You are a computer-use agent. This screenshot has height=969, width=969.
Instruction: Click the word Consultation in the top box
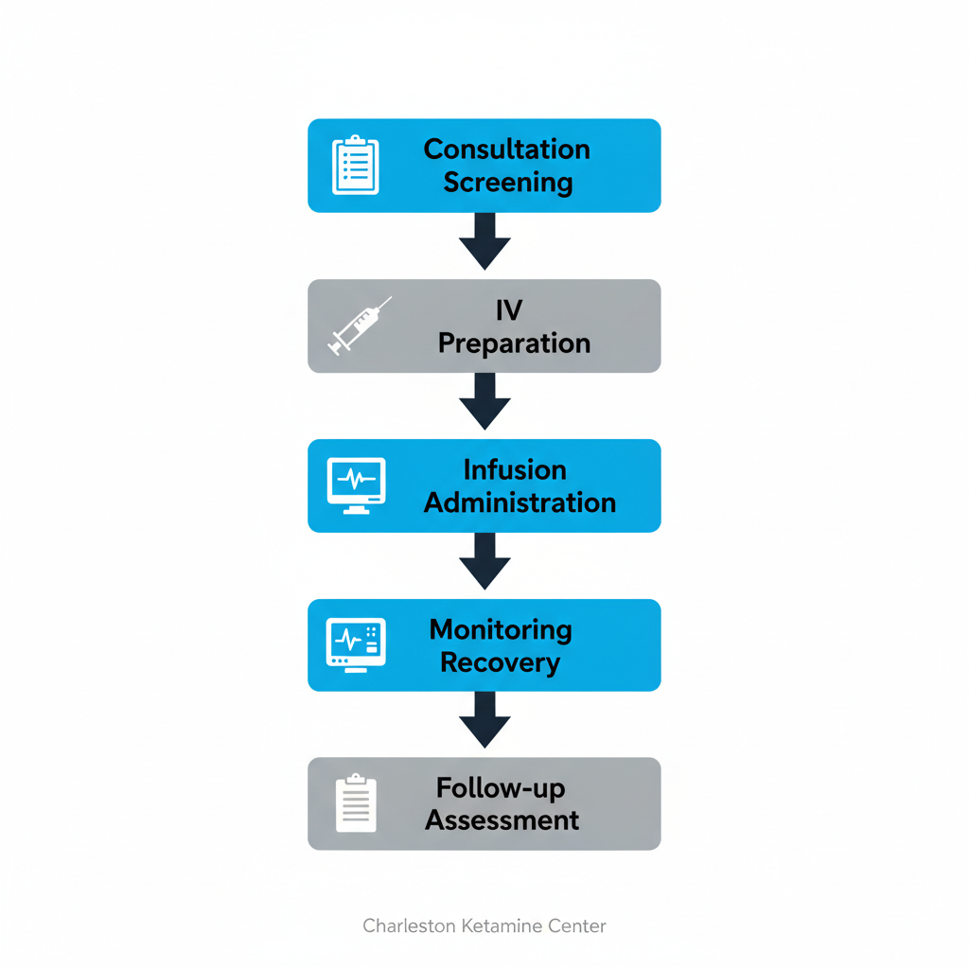click(x=506, y=150)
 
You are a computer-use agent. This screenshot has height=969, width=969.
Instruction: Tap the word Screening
click(x=508, y=182)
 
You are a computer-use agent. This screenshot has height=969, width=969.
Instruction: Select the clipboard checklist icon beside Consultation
click(x=356, y=166)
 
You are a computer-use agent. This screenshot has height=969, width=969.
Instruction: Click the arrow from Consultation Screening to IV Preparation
click(x=484, y=240)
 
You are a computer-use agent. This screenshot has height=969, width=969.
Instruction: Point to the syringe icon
click(x=360, y=326)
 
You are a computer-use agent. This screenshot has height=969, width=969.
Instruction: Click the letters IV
click(x=508, y=310)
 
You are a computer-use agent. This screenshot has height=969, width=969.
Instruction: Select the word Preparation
click(x=514, y=344)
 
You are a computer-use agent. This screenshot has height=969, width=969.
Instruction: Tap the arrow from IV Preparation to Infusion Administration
click(x=484, y=401)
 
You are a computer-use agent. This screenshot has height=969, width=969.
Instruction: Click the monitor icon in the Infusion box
click(x=356, y=485)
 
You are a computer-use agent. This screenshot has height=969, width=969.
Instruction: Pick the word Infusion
click(x=515, y=470)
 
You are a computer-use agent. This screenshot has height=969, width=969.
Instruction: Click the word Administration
click(x=520, y=502)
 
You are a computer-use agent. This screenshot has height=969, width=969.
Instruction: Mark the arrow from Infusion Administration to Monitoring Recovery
click(x=484, y=560)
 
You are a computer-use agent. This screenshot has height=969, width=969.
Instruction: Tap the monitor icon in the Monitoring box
click(x=356, y=644)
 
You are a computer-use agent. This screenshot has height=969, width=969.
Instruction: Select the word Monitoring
click(x=501, y=629)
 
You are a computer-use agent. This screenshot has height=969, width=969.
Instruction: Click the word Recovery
click(x=501, y=662)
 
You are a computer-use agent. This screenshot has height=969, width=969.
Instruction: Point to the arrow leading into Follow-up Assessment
click(x=484, y=719)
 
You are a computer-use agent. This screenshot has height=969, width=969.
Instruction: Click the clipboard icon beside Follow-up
click(x=356, y=803)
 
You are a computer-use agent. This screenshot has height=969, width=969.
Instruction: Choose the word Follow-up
click(x=502, y=787)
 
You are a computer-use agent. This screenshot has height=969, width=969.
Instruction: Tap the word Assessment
click(x=502, y=819)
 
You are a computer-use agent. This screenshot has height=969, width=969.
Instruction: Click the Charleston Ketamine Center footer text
click(x=484, y=925)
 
